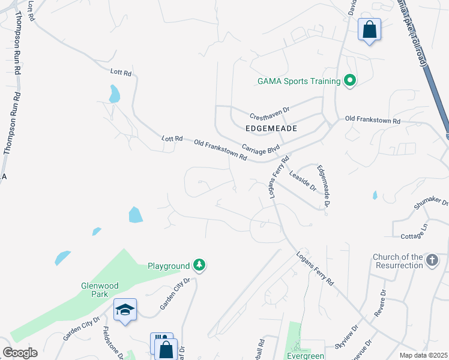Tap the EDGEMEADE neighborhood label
click(x=271, y=128)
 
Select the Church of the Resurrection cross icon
click(x=432, y=260)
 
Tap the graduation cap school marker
click(x=125, y=310)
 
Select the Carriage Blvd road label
click(x=261, y=148)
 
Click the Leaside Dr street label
click(x=302, y=180)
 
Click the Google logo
click(x=20, y=353)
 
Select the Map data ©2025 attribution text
click(x=423, y=355)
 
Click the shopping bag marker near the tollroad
click(x=369, y=29)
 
